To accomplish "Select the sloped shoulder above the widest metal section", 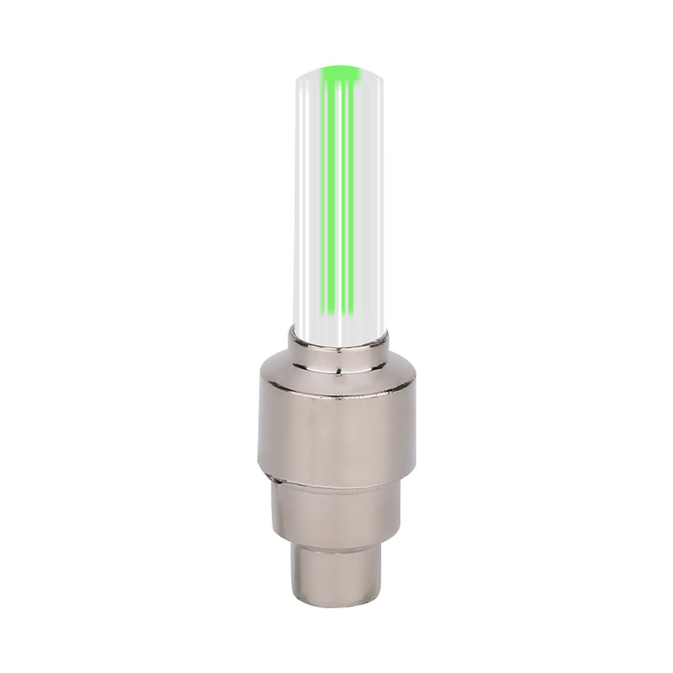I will coord(337,375).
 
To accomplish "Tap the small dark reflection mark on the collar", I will coord(336,368).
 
